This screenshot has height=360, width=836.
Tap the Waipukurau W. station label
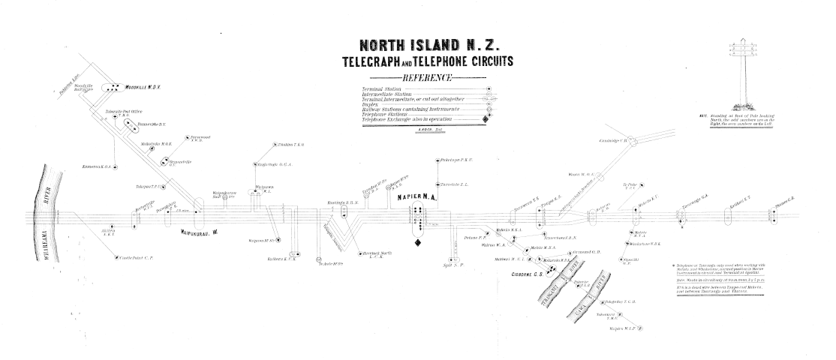(198, 232)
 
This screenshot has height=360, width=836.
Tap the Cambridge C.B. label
(612, 141)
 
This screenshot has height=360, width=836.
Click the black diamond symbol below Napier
(417, 243)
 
